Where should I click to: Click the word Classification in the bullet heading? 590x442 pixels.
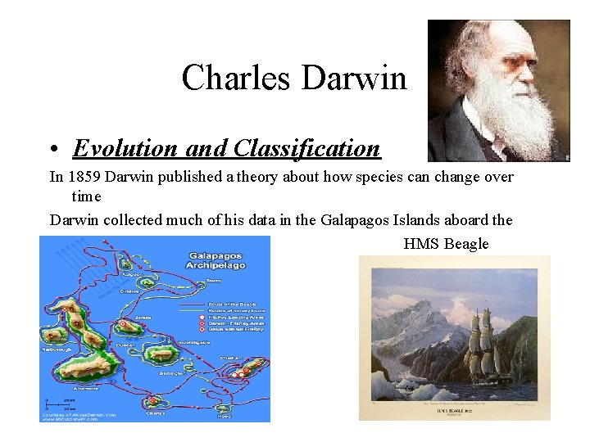307,148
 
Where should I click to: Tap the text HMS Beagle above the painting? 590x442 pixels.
446,244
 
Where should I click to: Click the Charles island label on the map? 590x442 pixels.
156,413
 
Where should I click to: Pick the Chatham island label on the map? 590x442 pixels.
232,357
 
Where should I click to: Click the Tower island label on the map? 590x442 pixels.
215,281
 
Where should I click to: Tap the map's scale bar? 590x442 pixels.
54,404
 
